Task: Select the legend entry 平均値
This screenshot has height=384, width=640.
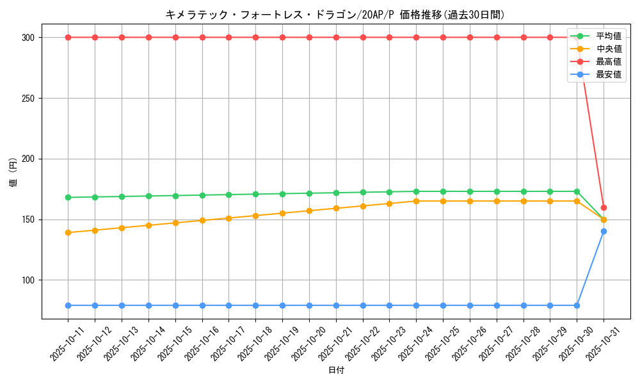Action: (608, 36)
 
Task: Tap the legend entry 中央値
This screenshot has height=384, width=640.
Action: (608, 49)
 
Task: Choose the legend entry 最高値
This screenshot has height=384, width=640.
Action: (608, 61)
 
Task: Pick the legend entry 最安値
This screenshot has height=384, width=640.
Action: (608, 74)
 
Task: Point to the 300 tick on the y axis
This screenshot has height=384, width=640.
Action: (29, 37)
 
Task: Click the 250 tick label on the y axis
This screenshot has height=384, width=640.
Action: (29, 98)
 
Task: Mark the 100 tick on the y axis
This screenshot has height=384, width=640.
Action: (29, 280)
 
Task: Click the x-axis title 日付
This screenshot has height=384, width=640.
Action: (336, 371)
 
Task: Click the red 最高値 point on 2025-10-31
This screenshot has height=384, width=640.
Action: (604, 207)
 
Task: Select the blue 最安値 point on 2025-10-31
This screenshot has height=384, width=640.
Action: (604, 232)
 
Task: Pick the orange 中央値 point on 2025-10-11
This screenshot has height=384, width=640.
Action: (68, 232)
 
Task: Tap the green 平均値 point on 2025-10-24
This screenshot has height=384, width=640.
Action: (416, 191)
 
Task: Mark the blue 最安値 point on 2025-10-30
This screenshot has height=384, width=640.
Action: (577, 305)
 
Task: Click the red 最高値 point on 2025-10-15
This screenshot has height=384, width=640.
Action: (175, 37)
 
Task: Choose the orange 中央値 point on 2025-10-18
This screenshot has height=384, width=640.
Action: (255, 216)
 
